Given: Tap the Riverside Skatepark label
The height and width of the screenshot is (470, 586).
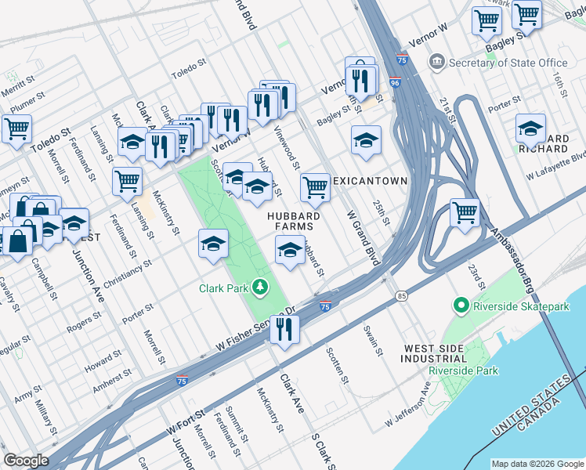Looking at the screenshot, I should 522,307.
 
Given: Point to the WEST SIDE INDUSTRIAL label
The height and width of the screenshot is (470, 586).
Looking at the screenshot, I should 439,353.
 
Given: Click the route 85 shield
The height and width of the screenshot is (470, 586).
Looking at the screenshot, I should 402,296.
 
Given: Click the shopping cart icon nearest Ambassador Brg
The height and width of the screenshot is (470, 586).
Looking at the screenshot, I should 465,212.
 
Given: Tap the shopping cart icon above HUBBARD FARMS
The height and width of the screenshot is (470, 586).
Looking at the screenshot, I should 315,187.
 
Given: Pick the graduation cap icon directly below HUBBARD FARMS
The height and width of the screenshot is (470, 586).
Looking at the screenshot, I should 290,251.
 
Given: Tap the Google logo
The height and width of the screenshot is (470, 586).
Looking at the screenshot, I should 26,461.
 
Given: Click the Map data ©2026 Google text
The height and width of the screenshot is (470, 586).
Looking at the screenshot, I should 537,464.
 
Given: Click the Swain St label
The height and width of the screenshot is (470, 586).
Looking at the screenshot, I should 372,340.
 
